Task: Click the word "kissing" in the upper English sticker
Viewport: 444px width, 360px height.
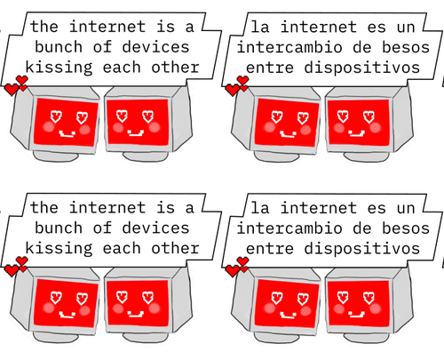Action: click(x=59, y=68)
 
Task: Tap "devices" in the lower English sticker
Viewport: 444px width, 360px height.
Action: click(x=155, y=228)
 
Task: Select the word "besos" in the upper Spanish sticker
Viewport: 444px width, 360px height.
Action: click(x=406, y=47)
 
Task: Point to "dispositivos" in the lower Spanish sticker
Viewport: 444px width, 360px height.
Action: click(x=362, y=248)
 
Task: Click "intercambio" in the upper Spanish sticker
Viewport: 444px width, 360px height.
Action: click(x=289, y=47)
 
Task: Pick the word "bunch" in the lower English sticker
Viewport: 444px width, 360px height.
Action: click(x=59, y=228)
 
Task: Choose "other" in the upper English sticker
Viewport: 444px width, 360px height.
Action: click(x=175, y=68)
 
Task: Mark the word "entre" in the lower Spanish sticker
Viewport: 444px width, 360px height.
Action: click(x=270, y=249)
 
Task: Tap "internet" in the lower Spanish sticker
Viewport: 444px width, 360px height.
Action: click(x=319, y=208)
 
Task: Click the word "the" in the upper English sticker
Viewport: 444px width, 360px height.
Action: click(x=44, y=27)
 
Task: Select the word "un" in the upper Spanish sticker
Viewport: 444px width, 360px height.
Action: click(x=406, y=28)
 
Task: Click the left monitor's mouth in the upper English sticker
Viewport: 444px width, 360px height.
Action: click(x=67, y=134)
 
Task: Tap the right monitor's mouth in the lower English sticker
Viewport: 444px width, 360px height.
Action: click(x=136, y=314)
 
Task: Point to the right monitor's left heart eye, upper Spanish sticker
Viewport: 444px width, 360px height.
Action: click(x=343, y=116)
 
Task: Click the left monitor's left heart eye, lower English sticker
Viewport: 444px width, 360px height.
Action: click(x=56, y=298)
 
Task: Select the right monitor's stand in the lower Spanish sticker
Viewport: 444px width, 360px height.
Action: click(x=367, y=337)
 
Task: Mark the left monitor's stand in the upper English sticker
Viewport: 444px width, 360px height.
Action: click(x=56, y=156)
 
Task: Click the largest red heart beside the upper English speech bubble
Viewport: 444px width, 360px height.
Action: click(x=12, y=90)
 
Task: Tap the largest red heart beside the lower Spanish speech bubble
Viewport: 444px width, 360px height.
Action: click(x=233, y=271)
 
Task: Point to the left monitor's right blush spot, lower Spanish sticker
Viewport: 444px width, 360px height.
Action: click(x=305, y=311)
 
